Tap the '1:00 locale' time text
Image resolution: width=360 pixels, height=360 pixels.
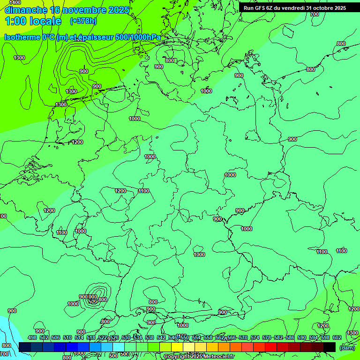[33, 21]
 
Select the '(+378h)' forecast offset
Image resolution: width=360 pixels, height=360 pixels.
[83, 21]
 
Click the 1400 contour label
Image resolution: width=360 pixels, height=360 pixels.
[15, 2]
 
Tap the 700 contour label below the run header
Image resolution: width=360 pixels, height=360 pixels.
[315, 14]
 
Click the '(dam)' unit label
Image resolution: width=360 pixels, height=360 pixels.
[347, 347]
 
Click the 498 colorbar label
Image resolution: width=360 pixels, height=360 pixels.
[32, 337]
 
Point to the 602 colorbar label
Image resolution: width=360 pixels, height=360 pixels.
[337, 337]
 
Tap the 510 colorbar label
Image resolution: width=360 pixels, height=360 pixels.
[67, 337]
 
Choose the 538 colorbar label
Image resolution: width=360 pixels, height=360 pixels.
[150, 337]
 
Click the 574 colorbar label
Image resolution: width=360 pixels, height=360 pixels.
[255, 337]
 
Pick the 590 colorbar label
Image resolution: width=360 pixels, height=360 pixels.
[302, 337]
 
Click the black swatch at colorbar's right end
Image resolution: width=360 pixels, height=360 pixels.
[330, 347]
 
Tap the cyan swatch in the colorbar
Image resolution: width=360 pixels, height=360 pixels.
[119, 347]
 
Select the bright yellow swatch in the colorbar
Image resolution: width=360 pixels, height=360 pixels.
[177, 347]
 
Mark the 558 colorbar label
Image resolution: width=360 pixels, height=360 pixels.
[208, 337]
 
